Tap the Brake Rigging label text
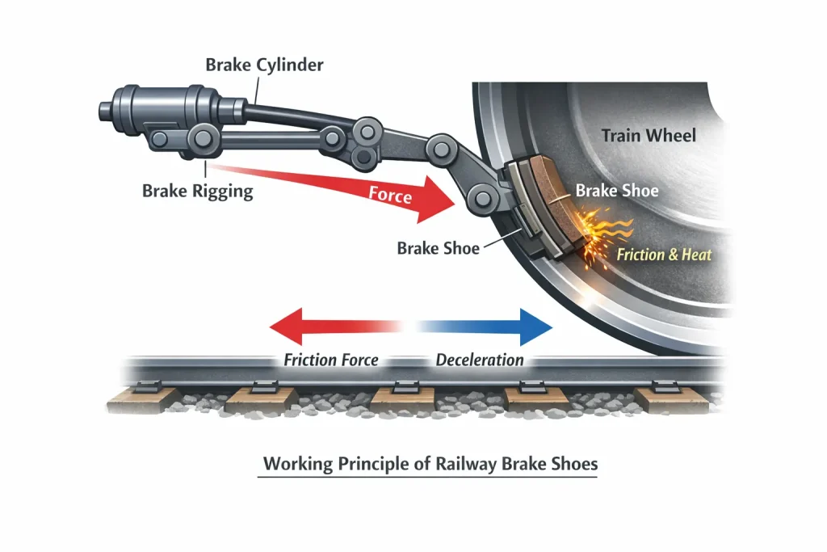coord(198,192)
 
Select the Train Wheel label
coord(648,135)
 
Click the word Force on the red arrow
coord(390,196)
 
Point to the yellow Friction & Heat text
coord(664,255)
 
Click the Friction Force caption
coord(331,360)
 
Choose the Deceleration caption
coord(480,360)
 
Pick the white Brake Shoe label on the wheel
coord(616,191)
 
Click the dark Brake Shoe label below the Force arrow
coord(438,248)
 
